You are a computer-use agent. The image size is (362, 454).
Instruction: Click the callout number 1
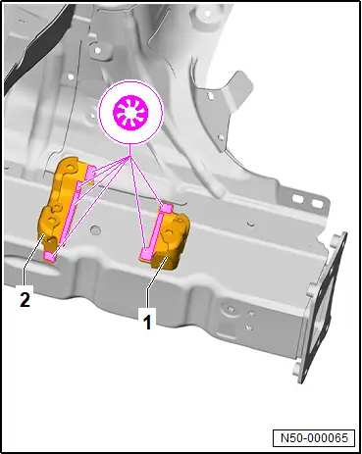[x=148, y=322]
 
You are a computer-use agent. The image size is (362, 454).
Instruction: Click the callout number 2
[x=26, y=299]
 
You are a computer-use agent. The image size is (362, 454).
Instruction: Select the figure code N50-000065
[x=314, y=437]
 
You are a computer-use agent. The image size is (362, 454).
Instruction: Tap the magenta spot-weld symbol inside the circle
[x=130, y=113]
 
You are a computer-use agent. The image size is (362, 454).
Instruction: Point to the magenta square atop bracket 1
[x=167, y=208]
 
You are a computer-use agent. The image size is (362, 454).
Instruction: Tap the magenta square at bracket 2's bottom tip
[x=50, y=256]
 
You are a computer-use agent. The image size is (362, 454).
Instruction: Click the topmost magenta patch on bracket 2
[x=89, y=173]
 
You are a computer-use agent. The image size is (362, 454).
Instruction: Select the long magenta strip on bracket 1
[x=151, y=233]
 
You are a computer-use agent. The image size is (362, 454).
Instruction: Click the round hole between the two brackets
[x=95, y=230]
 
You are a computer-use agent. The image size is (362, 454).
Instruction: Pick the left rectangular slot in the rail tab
[x=297, y=198]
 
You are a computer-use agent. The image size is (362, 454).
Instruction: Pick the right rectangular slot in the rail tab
[x=317, y=204]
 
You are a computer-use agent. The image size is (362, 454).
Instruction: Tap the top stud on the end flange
[x=334, y=240]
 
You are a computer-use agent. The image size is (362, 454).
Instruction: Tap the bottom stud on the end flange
[x=298, y=369]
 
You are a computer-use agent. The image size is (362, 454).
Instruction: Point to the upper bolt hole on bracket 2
[x=70, y=168]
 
